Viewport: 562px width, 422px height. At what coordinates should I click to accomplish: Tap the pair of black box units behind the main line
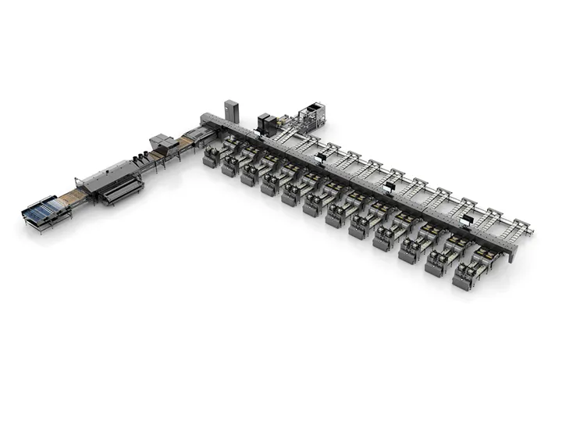(x=267, y=121)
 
